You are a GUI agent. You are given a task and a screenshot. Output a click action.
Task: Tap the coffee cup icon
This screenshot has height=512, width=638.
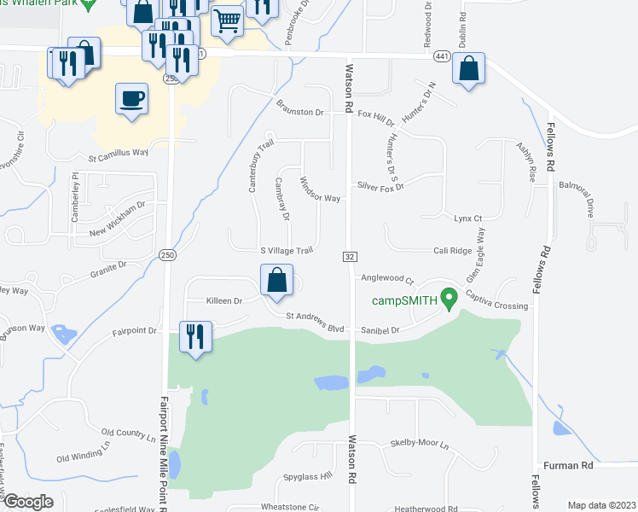[131, 99]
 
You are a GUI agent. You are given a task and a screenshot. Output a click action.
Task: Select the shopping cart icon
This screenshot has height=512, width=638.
[227, 20]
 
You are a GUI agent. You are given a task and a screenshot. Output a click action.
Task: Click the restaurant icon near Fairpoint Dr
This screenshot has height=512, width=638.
[196, 337]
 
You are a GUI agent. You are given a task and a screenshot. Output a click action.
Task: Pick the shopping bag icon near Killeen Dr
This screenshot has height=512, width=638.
[276, 280]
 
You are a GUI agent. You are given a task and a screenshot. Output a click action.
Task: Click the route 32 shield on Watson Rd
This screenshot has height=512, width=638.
[350, 256]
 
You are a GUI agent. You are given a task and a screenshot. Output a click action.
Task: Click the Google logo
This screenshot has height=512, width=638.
[28, 501]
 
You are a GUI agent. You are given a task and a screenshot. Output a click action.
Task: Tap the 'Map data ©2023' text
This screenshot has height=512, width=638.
[601, 505]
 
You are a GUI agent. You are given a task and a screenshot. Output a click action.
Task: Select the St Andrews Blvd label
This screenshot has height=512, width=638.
[315, 316]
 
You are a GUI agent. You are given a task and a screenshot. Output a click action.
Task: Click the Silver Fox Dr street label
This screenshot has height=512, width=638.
[380, 185]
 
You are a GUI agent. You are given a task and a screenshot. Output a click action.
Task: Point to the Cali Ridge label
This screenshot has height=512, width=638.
[452, 251]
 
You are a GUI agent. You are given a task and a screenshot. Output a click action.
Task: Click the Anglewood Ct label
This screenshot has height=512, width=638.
[386, 279]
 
